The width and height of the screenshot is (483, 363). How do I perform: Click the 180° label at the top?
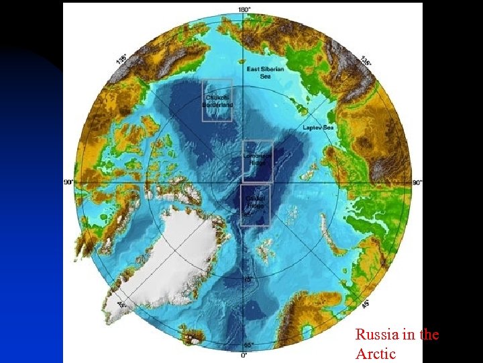(x=245, y=9)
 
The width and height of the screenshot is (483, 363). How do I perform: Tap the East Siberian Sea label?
(x=265, y=73)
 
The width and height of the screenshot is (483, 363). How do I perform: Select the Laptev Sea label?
(x=318, y=127)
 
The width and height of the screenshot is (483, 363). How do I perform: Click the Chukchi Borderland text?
(x=218, y=101)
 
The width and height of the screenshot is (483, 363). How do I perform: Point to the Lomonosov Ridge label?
(x=257, y=159)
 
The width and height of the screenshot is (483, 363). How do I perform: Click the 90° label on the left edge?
(x=68, y=182)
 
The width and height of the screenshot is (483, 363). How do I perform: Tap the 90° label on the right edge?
(x=417, y=182)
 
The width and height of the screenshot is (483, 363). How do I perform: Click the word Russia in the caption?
(x=373, y=334)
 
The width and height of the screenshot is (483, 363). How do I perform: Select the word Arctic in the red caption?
(x=376, y=353)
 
